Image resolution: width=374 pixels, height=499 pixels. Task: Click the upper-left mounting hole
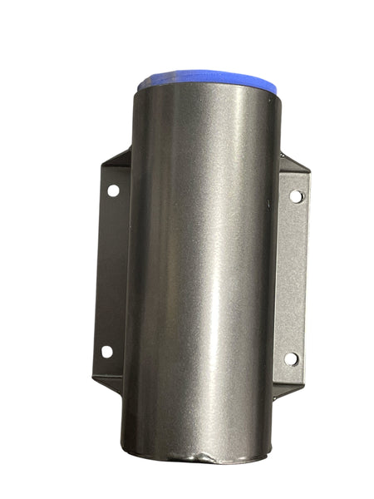click(x=113, y=190)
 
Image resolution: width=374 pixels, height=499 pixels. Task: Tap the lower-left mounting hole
click(x=106, y=351)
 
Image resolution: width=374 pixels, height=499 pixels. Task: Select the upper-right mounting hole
click(x=296, y=197)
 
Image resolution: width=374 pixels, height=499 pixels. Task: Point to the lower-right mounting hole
click(x=291, y=358)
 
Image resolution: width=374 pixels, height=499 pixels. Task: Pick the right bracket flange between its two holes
click(x=293, y=279)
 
